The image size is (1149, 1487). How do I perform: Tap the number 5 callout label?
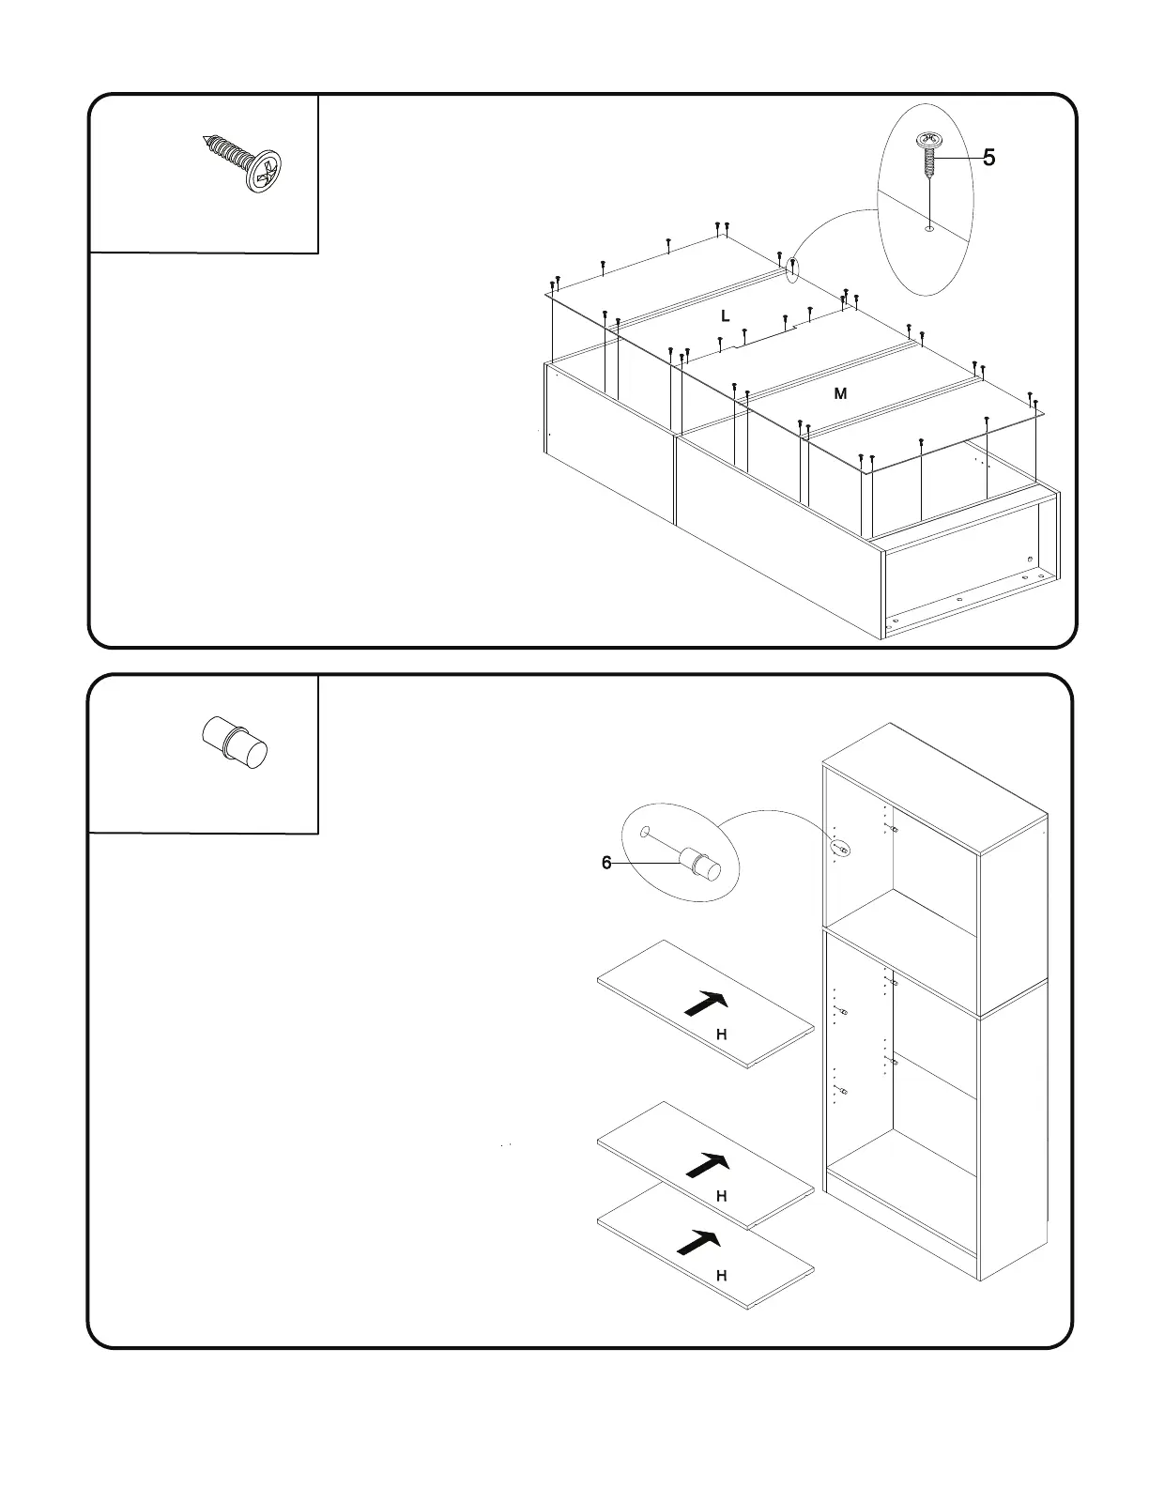click(988, 159)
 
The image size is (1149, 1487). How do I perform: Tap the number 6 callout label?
click(606, 863)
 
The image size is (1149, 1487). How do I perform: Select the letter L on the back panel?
click(725, 316)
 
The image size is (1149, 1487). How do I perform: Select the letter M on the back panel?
click(840, 394)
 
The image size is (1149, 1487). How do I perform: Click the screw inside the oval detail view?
click(929, 155)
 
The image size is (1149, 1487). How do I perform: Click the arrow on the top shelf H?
click(707, 1003)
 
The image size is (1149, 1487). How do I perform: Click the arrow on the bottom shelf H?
click(699, 1243)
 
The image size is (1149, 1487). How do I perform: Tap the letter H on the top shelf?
click(722, 1035)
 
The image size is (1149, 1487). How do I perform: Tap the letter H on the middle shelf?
click(722, 1196)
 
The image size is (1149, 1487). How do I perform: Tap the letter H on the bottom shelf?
click(722, 1276)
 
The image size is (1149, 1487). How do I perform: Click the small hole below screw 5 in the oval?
click(928, 226)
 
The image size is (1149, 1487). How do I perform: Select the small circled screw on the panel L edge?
click(793, 269)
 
